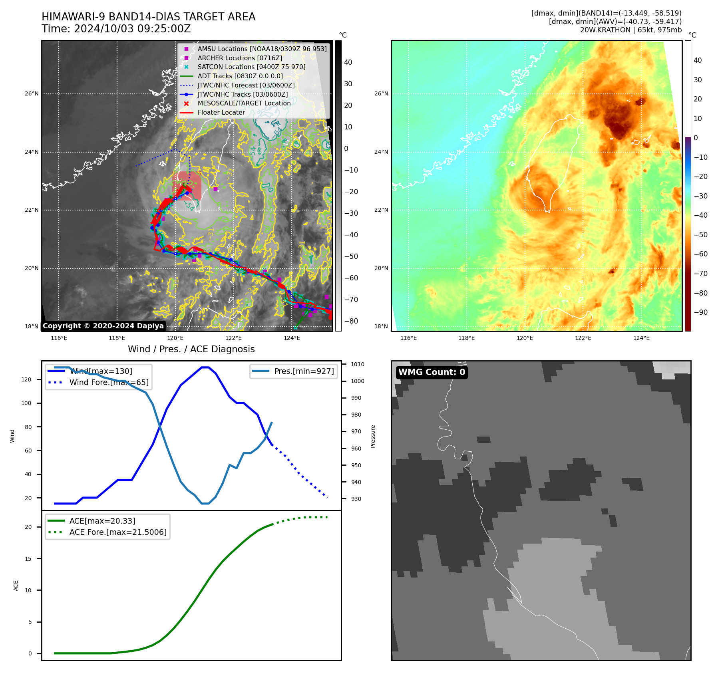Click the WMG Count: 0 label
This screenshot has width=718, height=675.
[x=432, y=372]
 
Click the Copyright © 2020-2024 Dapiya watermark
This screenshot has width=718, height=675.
[x=103, y=326]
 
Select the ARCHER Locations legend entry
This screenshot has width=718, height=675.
[x=239, y=58]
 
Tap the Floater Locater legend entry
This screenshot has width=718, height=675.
[x=221, y=112]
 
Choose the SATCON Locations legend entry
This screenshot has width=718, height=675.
[x=251, y=67]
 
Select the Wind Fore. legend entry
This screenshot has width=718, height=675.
[x=109, y=382]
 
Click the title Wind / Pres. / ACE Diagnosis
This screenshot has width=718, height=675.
[x=191, y=349]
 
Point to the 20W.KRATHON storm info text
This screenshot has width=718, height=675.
[x=630, y=30]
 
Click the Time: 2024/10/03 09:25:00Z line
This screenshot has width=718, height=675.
[x=116, y=29]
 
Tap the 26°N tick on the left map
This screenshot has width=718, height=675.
[x=32, y=94]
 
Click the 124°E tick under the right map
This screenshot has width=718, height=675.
[x=641, y=338]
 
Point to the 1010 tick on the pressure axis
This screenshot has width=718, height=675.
[x=358, y=364]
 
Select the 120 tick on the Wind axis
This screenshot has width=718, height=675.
[x=26, y=379]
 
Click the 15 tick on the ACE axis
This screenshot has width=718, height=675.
[x=28, y=559]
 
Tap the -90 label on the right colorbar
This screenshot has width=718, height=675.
[x=700, y=312]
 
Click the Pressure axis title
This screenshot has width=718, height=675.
[x=373, y=436]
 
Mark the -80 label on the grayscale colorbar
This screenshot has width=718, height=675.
[x=351, y=321]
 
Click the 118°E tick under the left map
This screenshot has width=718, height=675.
[x=117, y=338]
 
